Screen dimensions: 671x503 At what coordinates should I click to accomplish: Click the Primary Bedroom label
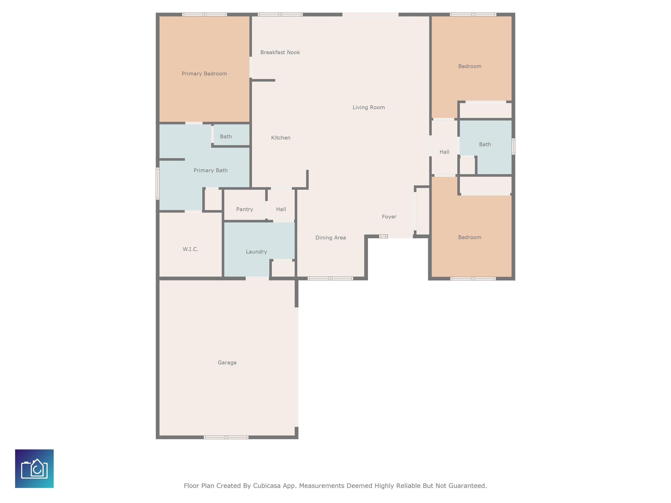(204, 74)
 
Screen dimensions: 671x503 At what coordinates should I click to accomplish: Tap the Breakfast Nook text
(280, 52)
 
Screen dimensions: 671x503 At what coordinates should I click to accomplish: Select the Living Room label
(368, 107)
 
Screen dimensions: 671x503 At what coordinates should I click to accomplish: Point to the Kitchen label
(281, 138)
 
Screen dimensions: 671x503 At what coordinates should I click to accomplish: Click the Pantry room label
(244, 209)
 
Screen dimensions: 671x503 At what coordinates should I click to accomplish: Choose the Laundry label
(256, 252)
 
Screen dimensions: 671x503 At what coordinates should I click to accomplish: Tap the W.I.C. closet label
(190, 249)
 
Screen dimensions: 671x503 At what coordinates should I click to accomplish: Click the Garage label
(227, 363)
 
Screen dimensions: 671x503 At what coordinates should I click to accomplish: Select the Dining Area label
(330, 238)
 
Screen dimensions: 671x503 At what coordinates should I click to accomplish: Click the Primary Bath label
(211, 170)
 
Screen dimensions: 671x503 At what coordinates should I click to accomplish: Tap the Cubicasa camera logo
(34, 469)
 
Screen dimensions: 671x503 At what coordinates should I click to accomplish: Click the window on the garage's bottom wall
(226, 437)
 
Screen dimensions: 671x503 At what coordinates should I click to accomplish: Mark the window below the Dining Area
(330, 278)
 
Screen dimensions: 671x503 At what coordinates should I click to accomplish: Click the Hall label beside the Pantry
(281, 209)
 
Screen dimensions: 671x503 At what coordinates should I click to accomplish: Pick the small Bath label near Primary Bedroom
(226, 136)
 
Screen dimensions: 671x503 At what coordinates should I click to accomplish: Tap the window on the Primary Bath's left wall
(157, 183)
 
